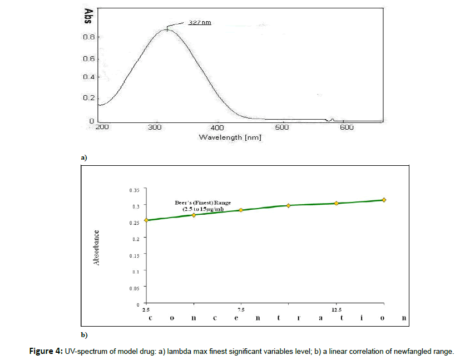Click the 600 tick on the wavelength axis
tap(347, 127)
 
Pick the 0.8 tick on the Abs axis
tap(88, 37)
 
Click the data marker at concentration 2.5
tap(146, 220)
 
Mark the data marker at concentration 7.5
tap(241, 210)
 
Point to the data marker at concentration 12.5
tap(337, 203)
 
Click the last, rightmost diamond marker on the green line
tap(384, 200)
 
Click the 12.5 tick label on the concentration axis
tap(336, 309)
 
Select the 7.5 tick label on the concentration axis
tap(241, 309)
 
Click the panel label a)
tap(84, 158)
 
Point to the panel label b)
tap(84, 335)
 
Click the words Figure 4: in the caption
tap(47, 351)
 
